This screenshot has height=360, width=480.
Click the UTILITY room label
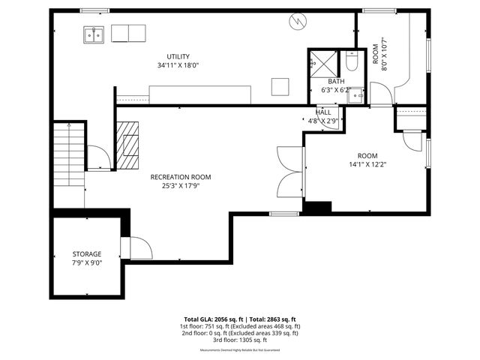click(178, 56)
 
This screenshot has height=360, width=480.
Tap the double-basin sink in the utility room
click(94, 34)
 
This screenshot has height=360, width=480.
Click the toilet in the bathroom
click(351, 62)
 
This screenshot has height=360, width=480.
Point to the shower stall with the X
click(322, 62)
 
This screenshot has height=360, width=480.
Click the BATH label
click(335, 82)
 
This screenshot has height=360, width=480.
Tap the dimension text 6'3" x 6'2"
click(335, 90)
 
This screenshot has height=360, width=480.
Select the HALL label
click(323, 112)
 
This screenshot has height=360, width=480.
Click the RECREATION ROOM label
click(181, 177)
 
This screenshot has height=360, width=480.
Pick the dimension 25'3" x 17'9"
click(181, 186)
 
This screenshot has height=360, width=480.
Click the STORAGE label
click(86, 254)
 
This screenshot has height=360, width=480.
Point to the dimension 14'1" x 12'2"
click(367, 164)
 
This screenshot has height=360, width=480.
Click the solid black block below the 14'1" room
click(316, 207)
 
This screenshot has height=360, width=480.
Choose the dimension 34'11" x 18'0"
click(178, 65)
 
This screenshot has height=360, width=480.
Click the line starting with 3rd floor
click(240, 339)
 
